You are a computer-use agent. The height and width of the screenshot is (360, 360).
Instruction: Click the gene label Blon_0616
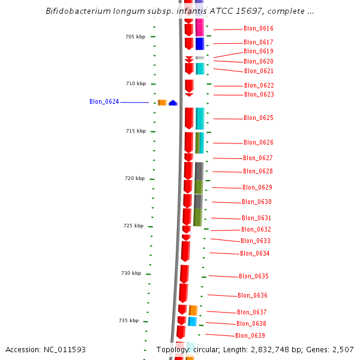click(259, 29)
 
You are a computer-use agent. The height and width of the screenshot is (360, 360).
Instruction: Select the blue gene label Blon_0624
click(104, 102)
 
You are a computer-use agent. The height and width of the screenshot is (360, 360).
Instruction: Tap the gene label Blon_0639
click(250, 335)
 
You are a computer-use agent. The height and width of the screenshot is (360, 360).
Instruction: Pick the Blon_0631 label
click(256, 218)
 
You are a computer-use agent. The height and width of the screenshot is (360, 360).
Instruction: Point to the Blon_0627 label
click(258, 158)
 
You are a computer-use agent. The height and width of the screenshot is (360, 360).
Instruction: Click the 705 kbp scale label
click(135, 37)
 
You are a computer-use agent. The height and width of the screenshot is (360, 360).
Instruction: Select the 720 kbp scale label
click(134, 178)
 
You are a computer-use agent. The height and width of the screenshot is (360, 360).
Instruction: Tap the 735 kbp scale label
click(128, 320)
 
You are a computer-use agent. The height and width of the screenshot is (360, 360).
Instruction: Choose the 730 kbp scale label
click(131, 273)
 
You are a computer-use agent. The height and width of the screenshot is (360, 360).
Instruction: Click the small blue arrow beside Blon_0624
click(173, 103)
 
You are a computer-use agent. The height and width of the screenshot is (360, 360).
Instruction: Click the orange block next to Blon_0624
click(162, 103)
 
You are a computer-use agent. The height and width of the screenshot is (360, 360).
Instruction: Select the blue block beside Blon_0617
click(200, 44)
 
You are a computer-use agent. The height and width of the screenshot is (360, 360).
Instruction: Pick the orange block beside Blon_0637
click(193, 310)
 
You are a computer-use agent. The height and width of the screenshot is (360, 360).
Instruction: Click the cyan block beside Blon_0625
click(200, 119)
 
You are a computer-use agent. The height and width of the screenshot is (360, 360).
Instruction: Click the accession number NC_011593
click(64, 349)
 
